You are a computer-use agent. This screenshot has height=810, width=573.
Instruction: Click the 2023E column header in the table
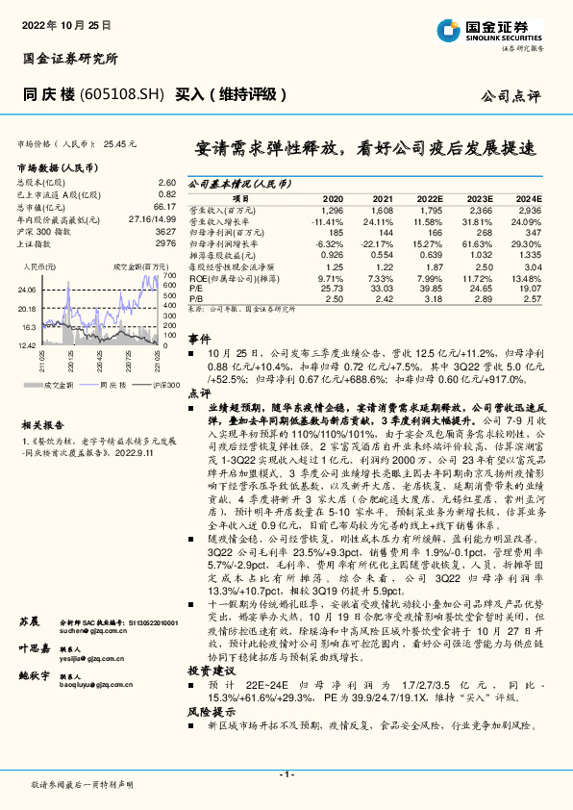tap(482, 197)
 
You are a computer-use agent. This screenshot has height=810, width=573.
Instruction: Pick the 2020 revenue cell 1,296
tap(332, 209)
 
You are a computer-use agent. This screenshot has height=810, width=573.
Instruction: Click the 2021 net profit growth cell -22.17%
tap(381, 244)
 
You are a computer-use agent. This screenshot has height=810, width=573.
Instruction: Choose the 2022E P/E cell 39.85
tap(431, 288)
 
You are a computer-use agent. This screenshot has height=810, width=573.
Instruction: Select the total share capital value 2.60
tap(165, 182)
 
